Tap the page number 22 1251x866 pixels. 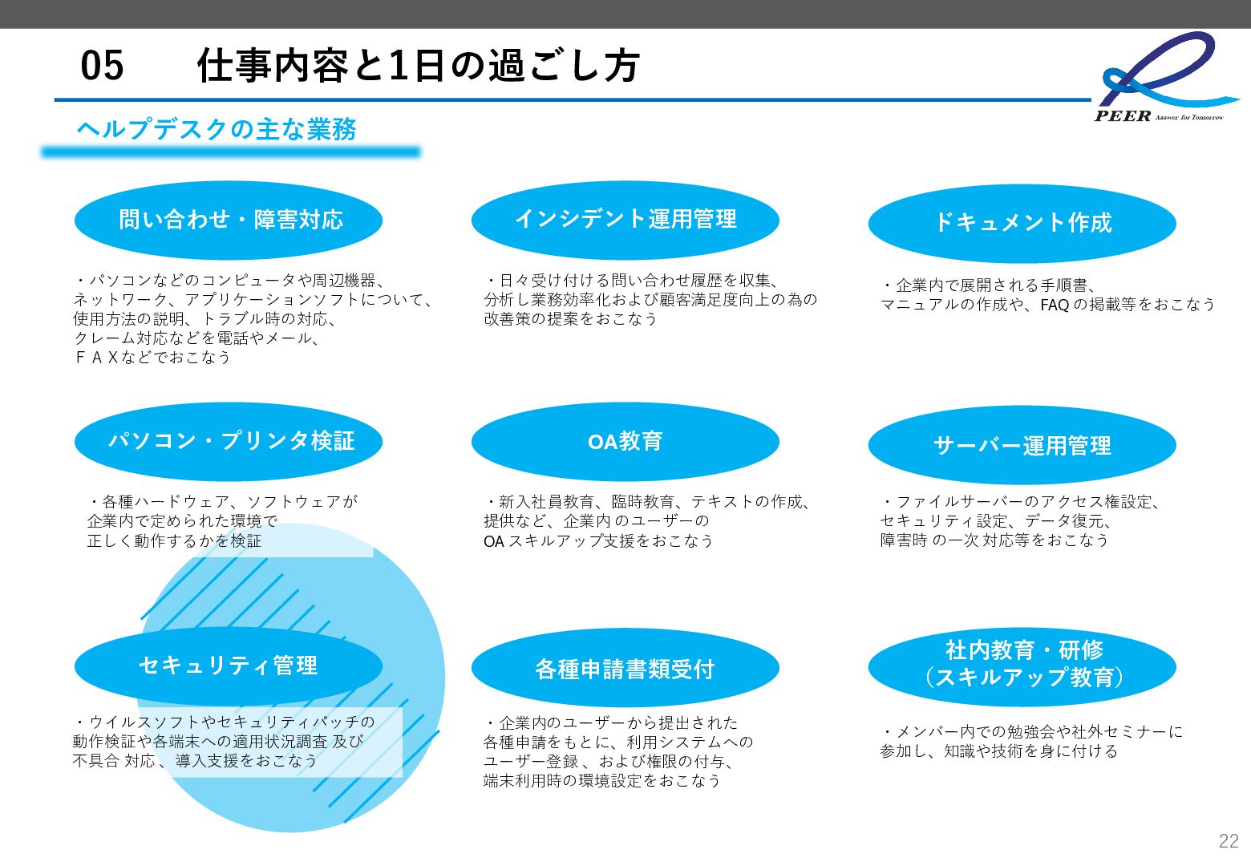(1228, 840)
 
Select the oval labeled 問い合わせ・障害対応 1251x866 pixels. (229, 220)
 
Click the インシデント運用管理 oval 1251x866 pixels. (625, 219)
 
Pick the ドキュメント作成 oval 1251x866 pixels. (1022, 223)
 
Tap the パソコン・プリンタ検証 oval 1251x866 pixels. (229, 441)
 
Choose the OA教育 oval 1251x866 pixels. (625, 441)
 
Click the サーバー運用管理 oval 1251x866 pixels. (1022, 445)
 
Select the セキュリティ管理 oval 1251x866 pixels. (229, 666)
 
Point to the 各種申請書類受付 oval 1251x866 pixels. (625, 669)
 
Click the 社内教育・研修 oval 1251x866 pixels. (1022, 664)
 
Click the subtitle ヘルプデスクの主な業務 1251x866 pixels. (217, 129)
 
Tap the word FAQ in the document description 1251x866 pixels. (1055, 305)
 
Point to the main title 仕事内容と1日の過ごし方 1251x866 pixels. (418, 66)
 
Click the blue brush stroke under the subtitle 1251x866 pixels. (231, 152)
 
